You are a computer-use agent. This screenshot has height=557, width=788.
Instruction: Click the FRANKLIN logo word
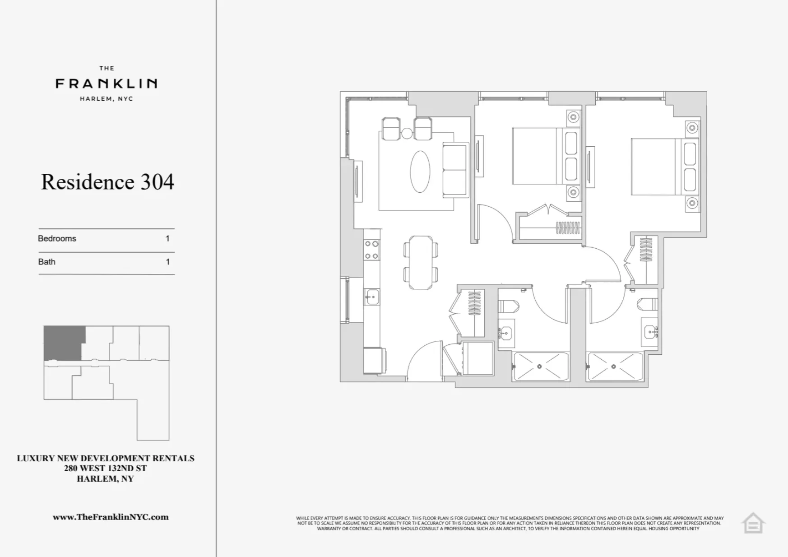coord(107,84)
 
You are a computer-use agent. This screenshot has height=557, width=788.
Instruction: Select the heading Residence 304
coord(107,182)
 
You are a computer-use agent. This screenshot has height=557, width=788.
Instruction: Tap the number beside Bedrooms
coord(167,239)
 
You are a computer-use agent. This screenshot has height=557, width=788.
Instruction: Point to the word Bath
coord(47,262)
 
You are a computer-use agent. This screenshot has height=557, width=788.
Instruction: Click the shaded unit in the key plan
coord(63,343)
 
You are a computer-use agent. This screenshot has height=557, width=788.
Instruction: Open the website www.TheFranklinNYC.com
coord(111,517)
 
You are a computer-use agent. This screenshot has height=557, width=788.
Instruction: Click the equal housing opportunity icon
coord(753,524)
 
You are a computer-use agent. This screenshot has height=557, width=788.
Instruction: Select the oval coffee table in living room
coord(420,172)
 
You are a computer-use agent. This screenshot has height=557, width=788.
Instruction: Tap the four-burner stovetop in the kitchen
coord(371,250)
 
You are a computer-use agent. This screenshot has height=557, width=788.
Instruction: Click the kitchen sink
coord(372,297)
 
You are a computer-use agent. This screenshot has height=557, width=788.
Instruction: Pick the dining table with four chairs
coord(420,262)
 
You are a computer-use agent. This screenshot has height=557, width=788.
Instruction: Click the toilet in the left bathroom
coord(509,307)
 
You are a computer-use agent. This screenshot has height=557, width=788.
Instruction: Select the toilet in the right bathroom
coord(648,305)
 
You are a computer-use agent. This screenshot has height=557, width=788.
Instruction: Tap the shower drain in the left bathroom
coord(539,367)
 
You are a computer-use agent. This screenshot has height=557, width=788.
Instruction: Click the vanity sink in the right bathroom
coord(650,332)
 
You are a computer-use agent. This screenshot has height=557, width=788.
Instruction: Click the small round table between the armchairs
coord(407,133)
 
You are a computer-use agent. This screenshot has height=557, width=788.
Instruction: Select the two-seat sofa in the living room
coord(455,170)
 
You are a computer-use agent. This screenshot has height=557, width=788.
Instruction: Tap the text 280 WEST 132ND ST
coord(105,469)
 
